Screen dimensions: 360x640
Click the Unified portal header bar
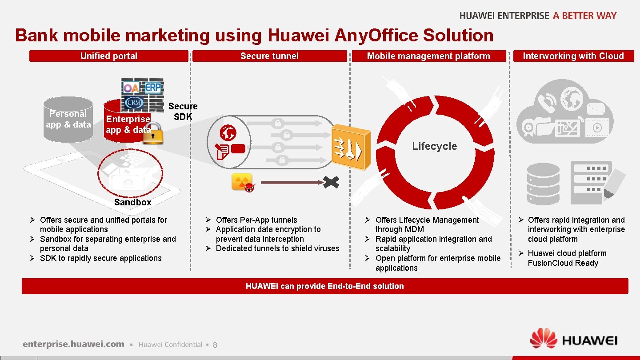(x=109, y=56)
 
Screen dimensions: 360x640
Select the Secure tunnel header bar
(x=269, y=56)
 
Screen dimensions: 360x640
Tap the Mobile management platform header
(x=428, y=56)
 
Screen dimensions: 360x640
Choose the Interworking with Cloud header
(x=573, y=56)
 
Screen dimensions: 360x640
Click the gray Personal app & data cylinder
(x=68, y=119)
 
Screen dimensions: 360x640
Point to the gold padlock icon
(x=152, y=134)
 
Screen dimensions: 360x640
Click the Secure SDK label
(x=183, y=111)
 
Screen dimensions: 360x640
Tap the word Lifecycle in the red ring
(x=434, y=146)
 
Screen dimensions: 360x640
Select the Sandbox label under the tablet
(x=132, y=202)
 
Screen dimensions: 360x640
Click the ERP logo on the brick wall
(x=153, y=87)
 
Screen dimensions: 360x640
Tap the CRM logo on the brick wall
(x=133, y=103)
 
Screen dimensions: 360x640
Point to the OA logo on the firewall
(x=131, y=88)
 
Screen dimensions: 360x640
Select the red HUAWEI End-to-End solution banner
(x=325, y=286)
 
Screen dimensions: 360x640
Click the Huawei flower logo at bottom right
(x=543, y=340)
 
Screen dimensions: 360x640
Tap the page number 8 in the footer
(x=215, y=345)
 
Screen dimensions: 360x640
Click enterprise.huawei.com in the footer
(x=74, y=344)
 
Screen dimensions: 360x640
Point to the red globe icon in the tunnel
(x=228, y=132)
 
